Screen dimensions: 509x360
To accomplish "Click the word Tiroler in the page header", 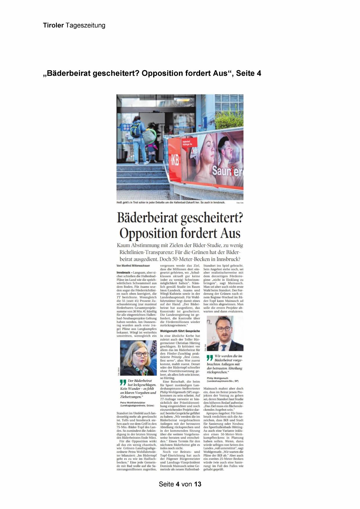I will (x=53, y=26).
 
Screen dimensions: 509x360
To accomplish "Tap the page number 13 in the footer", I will (x=198, y=484).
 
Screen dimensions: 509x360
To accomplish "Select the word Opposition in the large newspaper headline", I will (x=148, y=233).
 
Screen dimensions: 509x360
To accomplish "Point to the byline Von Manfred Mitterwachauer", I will (x=133, y=266).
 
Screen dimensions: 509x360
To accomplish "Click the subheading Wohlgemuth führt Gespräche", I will (x=180, y=331).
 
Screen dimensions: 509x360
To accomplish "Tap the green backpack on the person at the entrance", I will (x=136, y=129).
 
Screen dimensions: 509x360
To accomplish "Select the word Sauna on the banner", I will (x=227, y=171).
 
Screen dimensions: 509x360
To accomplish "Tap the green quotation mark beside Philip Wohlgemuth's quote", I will (x=210, y=358).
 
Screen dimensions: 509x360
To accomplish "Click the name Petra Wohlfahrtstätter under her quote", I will (x=133, y=403).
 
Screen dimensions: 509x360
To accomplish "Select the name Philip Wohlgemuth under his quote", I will (x=217, y=378).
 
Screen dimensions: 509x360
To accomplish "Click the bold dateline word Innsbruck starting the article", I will (x=123, y=273).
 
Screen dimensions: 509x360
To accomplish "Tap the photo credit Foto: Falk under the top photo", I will (x=240, y=203).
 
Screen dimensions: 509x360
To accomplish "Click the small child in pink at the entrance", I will (x=152, y=151).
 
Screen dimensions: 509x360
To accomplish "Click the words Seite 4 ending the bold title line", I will (x=249, y=73).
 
